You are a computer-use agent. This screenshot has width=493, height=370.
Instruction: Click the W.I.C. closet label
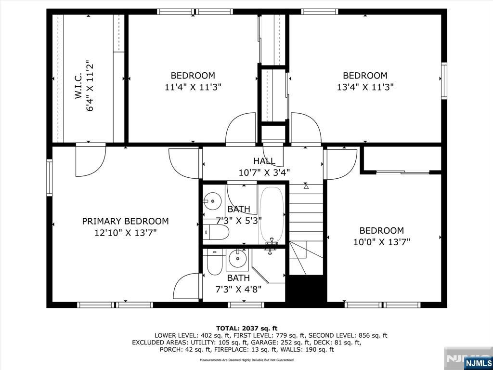coord(78,86)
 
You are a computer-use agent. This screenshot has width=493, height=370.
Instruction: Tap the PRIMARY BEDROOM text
coord(126,221)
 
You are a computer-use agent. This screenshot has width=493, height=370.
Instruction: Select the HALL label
coord(264,161)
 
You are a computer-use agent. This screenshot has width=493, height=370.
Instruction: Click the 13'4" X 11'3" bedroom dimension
coord(365,87)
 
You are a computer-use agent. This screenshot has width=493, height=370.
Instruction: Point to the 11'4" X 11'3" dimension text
coord(193,87)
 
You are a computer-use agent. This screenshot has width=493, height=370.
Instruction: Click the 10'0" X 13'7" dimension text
coord(382,242)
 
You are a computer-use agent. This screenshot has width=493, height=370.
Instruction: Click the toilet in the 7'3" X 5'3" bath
coord(216,232)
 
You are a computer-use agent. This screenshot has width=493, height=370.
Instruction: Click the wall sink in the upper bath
coord(211,200)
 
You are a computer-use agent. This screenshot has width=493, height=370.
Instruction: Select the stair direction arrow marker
coord(306,186)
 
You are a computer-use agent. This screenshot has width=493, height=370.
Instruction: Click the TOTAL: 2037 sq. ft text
coord(247,329)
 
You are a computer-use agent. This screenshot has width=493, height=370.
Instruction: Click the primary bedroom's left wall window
coord(50,178)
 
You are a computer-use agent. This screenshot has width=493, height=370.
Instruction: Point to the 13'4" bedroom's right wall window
coord(444,81)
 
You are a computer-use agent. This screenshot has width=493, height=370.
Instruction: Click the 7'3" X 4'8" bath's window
coord(246,305)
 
